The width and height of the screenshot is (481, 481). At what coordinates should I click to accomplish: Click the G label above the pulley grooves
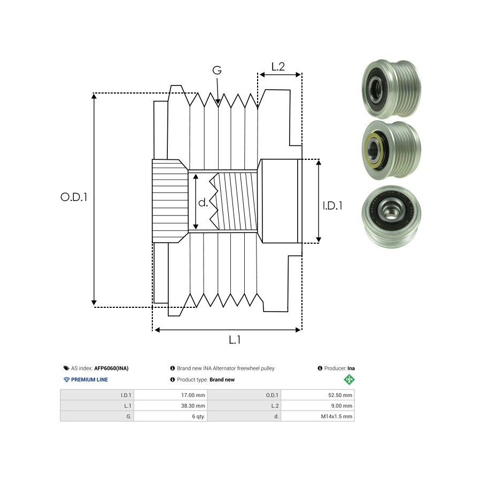point(217,71)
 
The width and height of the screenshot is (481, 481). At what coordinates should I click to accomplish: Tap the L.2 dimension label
point(278,67)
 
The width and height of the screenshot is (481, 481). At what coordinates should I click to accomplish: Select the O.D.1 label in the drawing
point(74,197)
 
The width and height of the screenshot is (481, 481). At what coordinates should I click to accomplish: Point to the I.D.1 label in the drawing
point(332,205)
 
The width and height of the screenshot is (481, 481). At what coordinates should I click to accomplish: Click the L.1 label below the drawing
point(235,340)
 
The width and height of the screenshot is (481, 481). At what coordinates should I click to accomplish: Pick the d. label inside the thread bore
point(203,203)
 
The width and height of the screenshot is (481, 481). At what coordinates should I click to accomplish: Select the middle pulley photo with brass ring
point(391,150)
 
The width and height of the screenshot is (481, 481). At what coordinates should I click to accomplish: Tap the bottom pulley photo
point(391,216)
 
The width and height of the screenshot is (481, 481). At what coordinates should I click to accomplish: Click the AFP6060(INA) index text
point(111,368)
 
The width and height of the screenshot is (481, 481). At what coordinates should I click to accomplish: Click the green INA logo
point(349,379)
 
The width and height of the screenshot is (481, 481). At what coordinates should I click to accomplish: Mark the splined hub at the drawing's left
point(169,201)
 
